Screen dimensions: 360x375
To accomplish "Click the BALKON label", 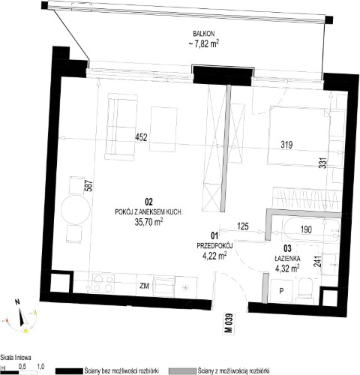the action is (x=204, y=34).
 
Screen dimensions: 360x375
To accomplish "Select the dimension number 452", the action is (x=141, y=137).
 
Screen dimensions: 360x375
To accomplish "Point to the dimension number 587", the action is (x=90, y=186).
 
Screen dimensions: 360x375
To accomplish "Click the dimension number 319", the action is (x=286, y=145).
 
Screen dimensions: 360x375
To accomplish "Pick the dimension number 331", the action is (x=323, y=163).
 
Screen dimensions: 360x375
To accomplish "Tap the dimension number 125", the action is (x=243, y=226).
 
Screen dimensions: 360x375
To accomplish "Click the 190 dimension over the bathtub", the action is (x=306, y=229).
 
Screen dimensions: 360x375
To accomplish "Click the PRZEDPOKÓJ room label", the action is (x=215, y=246).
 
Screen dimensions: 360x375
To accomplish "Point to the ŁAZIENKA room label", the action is (x=287, y=259).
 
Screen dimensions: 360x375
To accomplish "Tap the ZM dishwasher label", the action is (x=145, y=286).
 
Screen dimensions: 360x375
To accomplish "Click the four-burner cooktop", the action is (x=103, y=283).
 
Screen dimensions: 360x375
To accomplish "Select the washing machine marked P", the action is (x=281, y=291).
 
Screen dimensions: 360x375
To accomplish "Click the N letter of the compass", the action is (x=17, y=302).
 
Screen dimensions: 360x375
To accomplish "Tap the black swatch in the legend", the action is (x=69, y=371).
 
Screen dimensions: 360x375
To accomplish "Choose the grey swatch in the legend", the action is (x=182, y=371).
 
